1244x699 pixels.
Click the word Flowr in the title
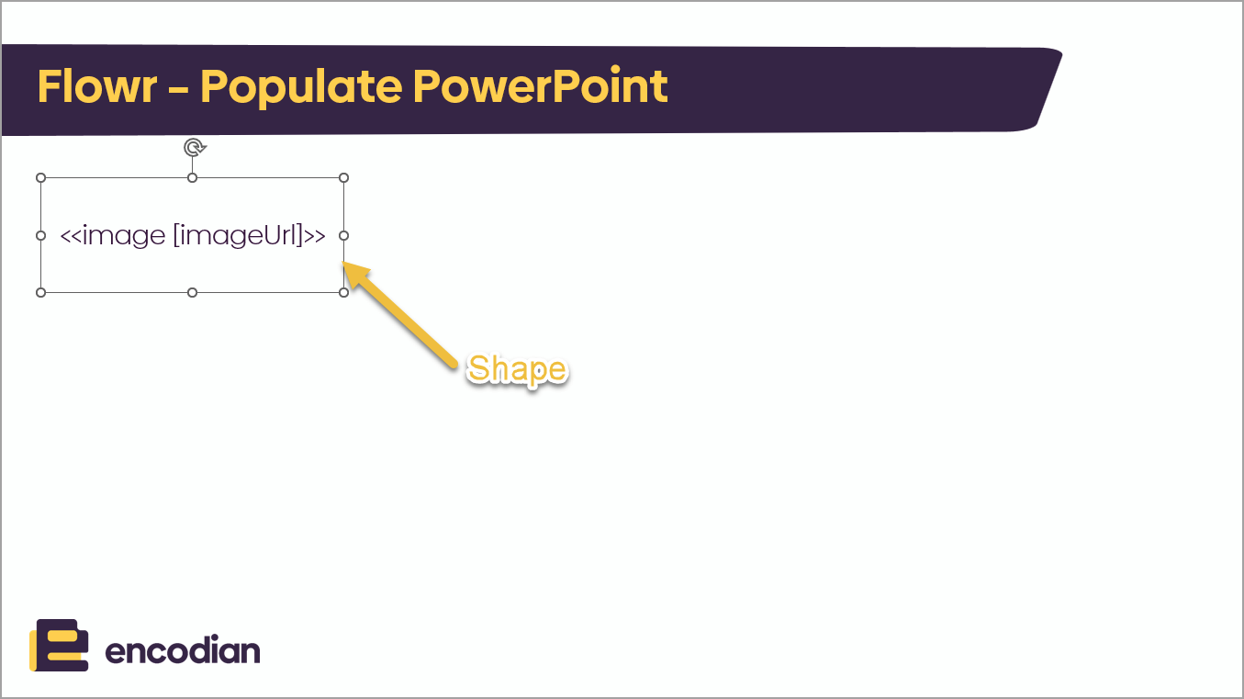(x=97, y=86)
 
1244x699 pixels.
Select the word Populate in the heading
(x=301, y=88)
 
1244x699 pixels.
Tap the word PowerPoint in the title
(x=541, y=86)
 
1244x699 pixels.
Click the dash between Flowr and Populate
(x=178, y=88)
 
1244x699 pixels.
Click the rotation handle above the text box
(x=195, y=148)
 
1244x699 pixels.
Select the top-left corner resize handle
(x=40, y=178)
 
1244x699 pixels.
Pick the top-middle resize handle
(x=192, y=178)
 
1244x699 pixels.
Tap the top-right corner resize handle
(x=343, y=178)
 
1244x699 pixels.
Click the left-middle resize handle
(x=40, y=235)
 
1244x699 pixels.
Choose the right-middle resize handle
(x=343, y=235)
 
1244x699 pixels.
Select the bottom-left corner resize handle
(x=40, y=293)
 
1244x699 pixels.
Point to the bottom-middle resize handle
(x=192, y=293)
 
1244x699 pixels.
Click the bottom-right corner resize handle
(x=343, y=293)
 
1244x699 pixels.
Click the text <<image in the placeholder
(x=113, y=235)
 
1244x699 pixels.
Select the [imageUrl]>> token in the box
(x=250, y=235)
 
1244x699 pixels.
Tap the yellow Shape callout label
(x=517, y=369)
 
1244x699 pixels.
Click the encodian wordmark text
(x=183, y=650)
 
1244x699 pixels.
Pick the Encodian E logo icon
(x=59, y=645)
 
